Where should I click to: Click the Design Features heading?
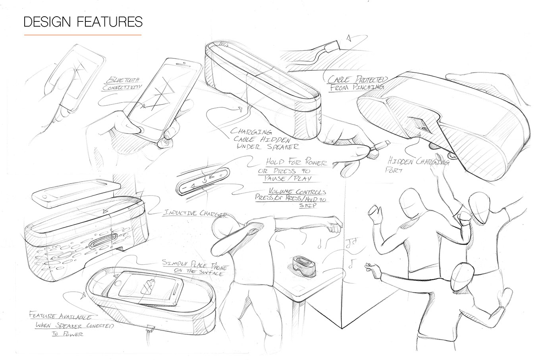(83, 21)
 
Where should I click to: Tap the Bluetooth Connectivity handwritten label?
(122, 84)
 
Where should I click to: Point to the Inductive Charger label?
(195, 214)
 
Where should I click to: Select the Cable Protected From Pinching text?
(357, 83)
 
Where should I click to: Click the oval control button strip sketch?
(203, 181)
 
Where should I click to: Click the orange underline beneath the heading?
(83, 35)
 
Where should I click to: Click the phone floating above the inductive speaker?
(75, 194)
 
